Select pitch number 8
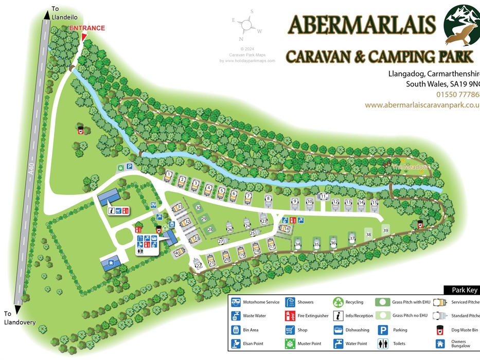pos(268,199)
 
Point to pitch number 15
pos(375,203)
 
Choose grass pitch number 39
pos(385,231)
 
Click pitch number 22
pos(199,265)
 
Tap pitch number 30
pos(198,207)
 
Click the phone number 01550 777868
pos(457,95)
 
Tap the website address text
pos(422,105)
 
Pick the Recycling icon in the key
pos(338,302)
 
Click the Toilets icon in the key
pos(383,344)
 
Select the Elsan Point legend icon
pos(236,344)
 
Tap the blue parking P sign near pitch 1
pos(130,167)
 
